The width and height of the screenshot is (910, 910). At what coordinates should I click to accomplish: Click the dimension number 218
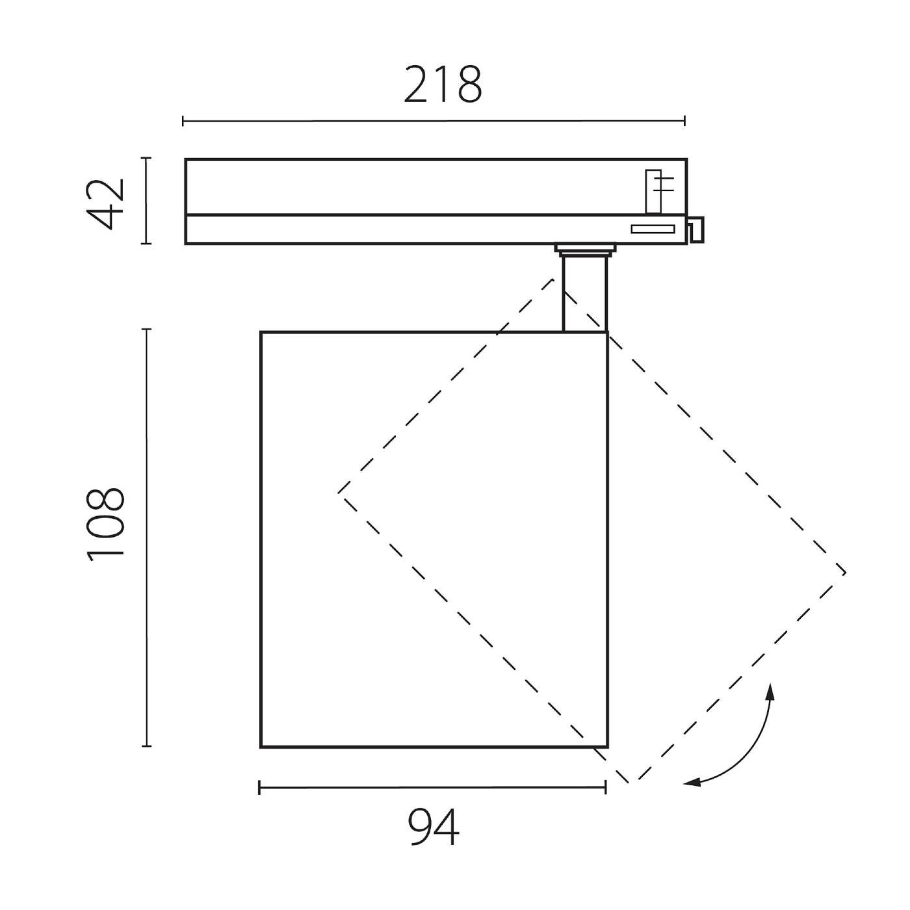pyautogui.click(x=443, y=85)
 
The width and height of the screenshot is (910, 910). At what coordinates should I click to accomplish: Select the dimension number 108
pyautogui.click(x=105, y=523)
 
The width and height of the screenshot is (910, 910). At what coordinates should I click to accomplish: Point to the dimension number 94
pyautogui.click(x=434, y=827)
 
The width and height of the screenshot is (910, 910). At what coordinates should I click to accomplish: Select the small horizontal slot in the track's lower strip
pyautogui.click(x=653, y=228)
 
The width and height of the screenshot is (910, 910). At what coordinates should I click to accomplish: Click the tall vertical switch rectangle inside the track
pyautogui.click(x=653, y=191)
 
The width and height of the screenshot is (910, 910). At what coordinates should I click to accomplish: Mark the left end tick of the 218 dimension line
pyautogui.click(x=183, y=120)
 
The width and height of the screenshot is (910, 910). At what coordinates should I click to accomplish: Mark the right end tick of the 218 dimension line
pyautogui.click(x=684, y=120)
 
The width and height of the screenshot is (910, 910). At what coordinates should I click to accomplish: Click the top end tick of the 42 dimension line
pyautogui.click(x=146, y=158)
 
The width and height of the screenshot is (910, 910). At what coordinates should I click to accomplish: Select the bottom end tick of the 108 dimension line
pyautogui.click(x=146, y=746)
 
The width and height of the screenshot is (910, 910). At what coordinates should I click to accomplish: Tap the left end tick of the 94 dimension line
pyautogui.click(x=259, y=788)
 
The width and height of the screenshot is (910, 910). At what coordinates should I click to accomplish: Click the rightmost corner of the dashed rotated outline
pyautogui.click(x=846, y=573)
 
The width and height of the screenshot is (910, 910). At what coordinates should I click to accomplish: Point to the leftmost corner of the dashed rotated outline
pyautogui.click(x=339, y=493)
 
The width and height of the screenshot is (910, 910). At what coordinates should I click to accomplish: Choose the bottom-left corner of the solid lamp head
pyautogui.click(x=261, y=747)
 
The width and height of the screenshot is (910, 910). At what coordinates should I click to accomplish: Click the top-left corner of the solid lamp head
pyautogui.click(x=261, y=332)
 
